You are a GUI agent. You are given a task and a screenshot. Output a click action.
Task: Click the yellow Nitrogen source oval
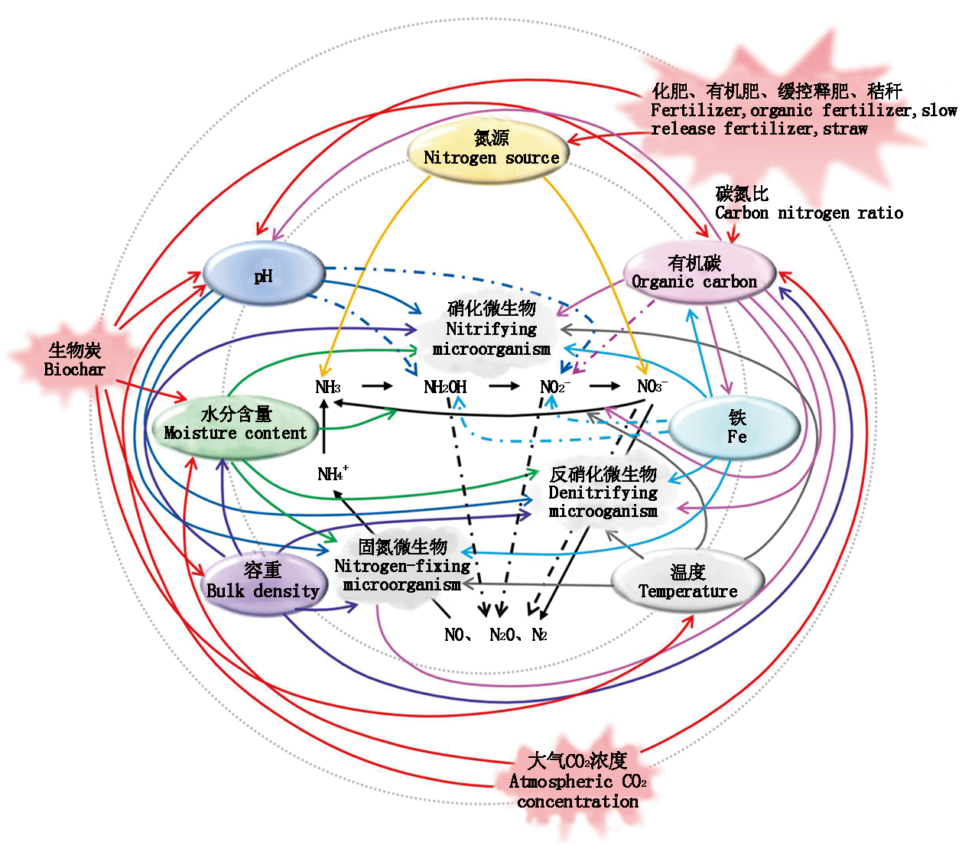point(491,148)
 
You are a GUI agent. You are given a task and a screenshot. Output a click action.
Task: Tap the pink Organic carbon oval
point(695,273)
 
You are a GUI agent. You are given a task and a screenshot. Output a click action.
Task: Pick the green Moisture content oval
point(234,424)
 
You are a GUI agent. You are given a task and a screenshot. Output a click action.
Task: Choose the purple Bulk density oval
point(262,581)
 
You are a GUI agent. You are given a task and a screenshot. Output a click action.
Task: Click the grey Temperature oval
point(687,582)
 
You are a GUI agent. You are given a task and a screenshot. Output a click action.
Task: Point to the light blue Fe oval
point(736,427)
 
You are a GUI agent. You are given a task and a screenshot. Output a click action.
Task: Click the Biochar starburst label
point(74,359)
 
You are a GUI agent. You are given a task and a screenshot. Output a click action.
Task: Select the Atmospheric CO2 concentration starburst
point(578,781)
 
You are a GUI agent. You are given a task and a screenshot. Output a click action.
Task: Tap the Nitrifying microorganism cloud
point(491,329)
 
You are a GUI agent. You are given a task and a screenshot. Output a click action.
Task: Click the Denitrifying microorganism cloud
point(603,493)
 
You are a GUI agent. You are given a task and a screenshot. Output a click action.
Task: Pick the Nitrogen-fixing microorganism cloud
point(402,566)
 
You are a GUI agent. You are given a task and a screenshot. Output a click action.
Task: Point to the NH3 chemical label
point(328,387)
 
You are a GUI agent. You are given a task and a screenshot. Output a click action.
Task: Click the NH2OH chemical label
point(445,387)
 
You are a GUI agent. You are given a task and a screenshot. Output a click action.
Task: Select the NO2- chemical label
point(554,387)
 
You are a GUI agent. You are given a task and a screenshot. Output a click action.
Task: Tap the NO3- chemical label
point(652,386)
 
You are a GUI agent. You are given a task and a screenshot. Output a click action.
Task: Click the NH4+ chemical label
point(333,474)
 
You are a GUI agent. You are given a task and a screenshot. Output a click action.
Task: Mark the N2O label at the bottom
point(502,635)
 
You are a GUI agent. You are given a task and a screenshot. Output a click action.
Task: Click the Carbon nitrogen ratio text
point(808,213)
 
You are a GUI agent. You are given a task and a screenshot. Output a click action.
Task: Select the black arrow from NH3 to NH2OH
point(377,386)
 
